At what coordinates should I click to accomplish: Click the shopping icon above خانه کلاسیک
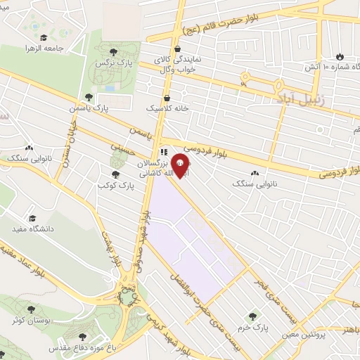tap(167, 98)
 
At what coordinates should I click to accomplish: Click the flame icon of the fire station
tap(340, 56)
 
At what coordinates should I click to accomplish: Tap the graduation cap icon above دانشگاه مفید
tap(32, 218)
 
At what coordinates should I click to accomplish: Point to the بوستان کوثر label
tap(31, 320)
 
